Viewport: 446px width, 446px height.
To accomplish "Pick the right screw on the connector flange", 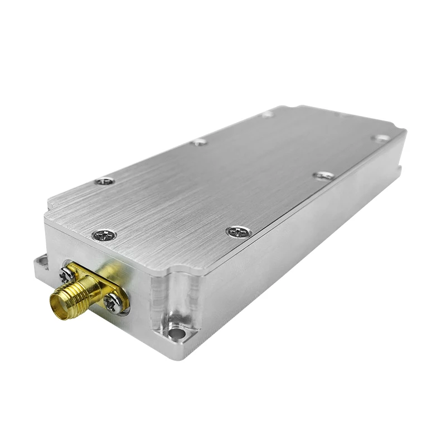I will pos(113,303).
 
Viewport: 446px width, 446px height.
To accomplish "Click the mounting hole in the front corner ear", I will pos(176,333).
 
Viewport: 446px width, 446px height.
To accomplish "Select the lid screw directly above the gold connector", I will pos(104,235).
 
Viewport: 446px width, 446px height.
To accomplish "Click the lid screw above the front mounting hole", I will pos(239,231).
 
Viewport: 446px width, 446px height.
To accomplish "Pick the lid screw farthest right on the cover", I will pos(381,138).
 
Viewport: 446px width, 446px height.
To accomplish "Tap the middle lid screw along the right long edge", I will pos(324,176).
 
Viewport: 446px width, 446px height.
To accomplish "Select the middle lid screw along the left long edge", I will pos(199,142).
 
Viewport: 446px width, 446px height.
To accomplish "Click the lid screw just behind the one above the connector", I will pos(104,181).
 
